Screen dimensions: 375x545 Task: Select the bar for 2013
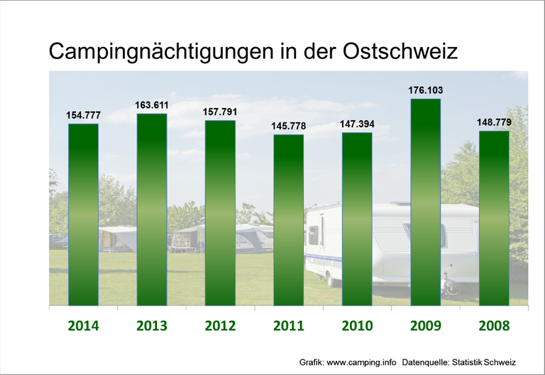(152, 210)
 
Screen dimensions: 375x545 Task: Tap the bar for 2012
(220, 213)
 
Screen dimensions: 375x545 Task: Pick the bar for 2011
(289, 219)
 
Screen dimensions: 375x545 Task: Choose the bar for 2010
(357, 219)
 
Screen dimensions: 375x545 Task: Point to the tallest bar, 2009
(425, 202)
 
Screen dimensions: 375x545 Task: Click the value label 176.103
(425, 90)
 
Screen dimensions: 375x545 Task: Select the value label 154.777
(84, 115)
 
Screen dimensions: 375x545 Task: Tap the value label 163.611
(152, 105)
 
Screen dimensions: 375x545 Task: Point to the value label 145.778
(289, 126)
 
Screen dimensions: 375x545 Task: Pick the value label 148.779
(494, 122)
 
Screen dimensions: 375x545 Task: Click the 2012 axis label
(220, 326)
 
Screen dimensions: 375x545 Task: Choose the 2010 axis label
(357, 326)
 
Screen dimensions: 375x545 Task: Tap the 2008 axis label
(494, 326)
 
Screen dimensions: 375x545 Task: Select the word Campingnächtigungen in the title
(154, 53)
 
